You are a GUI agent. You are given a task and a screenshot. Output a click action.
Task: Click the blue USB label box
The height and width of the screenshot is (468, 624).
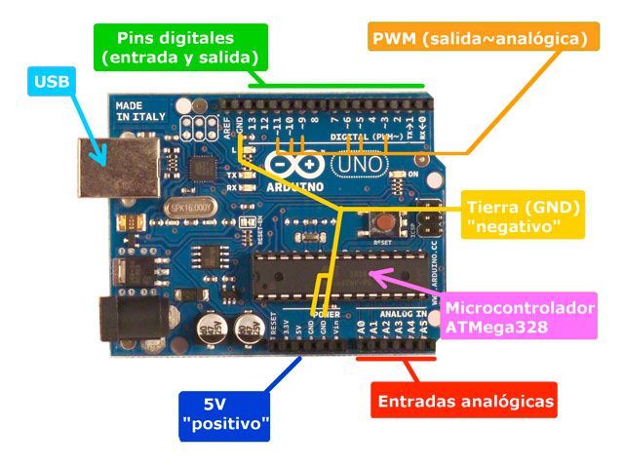tap(52, 82)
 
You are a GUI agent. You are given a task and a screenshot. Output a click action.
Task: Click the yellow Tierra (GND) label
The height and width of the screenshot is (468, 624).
tap(523, 215)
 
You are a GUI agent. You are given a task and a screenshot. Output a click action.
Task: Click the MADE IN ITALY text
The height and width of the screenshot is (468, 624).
tap(136, 109)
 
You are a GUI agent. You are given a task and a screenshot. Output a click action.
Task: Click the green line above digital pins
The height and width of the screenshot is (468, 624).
tap(336, 86)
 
